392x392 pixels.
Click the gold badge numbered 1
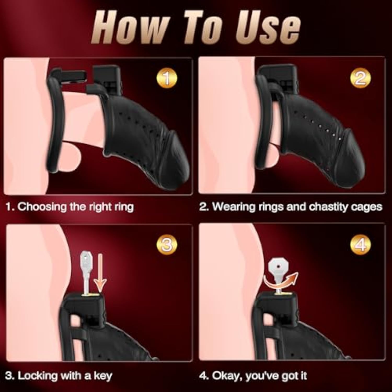pos(166,78)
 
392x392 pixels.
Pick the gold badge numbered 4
pos(360,245)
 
